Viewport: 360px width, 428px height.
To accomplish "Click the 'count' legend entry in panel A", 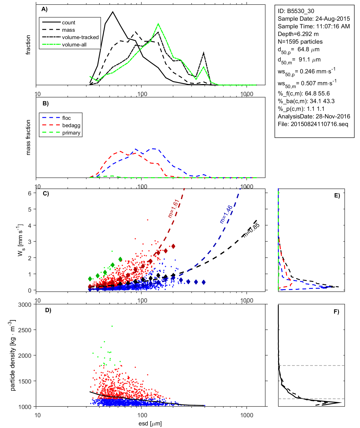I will pyautogui.click(x=69, y=23).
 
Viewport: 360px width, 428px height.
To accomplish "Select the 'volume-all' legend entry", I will pyautogui.click(x=74, y=45).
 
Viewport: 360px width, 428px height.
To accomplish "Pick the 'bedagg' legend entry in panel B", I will pyautogui.click(x=71, y=125).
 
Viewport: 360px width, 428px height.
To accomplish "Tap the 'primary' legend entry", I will pyautogui.click(x=71, y=133).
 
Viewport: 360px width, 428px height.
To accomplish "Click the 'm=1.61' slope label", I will pyautogui.click(x=173, y=208).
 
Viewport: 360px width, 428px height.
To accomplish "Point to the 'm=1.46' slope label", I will pyautogui.click(x=226, y=214).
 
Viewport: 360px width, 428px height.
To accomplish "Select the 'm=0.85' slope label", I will pyautogui.click(x=251, y=230).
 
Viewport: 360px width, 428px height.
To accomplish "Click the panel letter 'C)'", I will pyautogui.click(x=46, y=194).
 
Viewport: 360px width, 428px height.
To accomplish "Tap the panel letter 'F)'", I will pyautogui.click(x=336, y=312).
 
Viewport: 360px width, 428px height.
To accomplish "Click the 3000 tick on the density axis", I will pyautogui.click(x=25, y=305).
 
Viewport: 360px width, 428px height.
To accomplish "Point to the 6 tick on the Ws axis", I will pyautogui.click(x=29, y=193).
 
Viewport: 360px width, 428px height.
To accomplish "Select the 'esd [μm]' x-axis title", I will pyautogui.click(x=150, y=424).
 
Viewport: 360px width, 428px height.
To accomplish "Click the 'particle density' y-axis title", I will pyautogui.click(x=13, y=355).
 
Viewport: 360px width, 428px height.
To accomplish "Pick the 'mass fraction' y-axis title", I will pyautogui.click(x=28, y=137).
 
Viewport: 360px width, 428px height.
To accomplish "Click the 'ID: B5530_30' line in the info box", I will pyautogui.click(x=296, y=11).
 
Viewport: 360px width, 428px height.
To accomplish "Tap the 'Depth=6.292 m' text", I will pyautogui.click(x=298, y=34).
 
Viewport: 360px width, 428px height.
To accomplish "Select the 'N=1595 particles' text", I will pyautogui.click(x=300, y=42).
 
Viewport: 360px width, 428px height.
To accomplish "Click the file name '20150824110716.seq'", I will pyautogui.click(x=319, y=124).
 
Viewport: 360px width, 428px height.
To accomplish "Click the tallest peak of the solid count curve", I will pyautogui.click(x=113, y=12).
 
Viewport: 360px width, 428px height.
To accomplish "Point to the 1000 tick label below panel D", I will pyautogui.click(x=247, y=415).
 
